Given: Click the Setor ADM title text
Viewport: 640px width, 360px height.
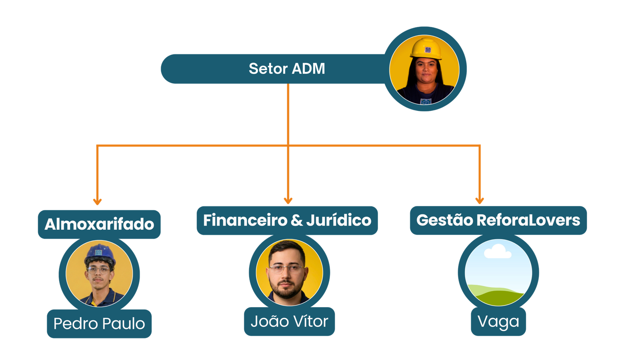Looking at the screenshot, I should pyautogui.click(x=286, y=69).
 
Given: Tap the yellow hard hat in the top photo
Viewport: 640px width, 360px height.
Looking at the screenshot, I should pyautogui.click(x=426, y=48).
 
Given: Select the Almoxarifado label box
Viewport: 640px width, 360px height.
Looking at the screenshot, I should pyautogui.click(x=99, y=224).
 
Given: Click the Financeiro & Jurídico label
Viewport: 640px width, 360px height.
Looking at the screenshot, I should pyautogui.click(x=287, y=220).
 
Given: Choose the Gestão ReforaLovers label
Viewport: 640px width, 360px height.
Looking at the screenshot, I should pyautogui.click(x=498, y=220).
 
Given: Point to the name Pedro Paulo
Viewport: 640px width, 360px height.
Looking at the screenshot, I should pyautogui.click(x=99, y=324).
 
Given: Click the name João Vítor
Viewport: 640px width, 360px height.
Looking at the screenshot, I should pyautogui.click(x=289, y=322).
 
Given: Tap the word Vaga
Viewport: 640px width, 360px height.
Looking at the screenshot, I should pyautogui.click(x=498, y=322).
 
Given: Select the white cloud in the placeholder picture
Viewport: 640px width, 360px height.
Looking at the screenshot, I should pyautogui.click(x=498, y=252).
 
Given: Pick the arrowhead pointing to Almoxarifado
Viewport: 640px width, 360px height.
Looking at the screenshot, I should pyautogui.click(x=97, y=201).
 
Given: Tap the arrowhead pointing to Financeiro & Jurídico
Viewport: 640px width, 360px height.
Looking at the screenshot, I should pyautogui.click(x=288, y=200).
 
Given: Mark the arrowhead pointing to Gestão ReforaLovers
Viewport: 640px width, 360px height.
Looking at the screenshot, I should pyautogui.click(x=479, y=200).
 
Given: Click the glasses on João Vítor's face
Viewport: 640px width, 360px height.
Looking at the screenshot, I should pyautogui.click(x=286, y=269).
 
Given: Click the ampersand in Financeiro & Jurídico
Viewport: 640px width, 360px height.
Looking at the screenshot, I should pyautogui.click(x=297, y=220).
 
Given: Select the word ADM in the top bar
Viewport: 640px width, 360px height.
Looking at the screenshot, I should pyautogui.click(x=308, y=69).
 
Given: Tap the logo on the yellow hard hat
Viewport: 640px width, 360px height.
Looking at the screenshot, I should pyautogui.click(x=428, y=50).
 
